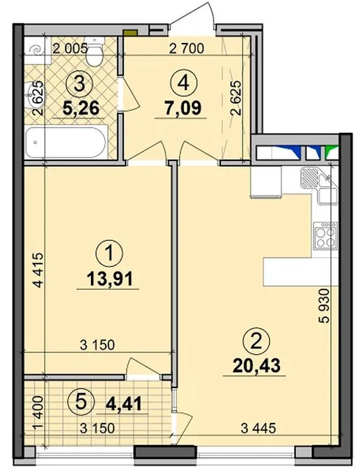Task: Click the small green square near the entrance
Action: pyautogui.click(x=129, y=32)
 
